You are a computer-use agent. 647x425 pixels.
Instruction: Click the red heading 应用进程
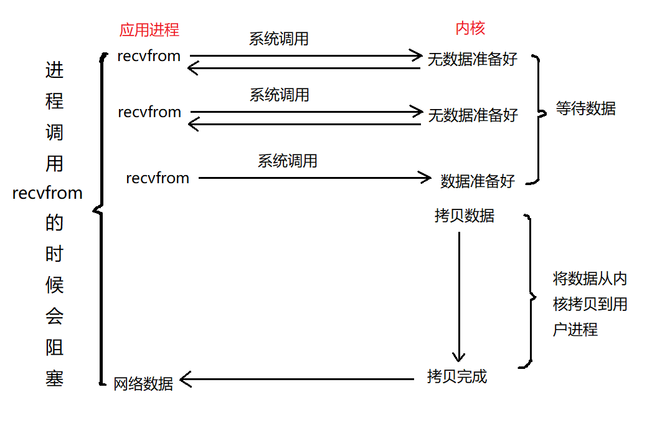[x=149, y=29]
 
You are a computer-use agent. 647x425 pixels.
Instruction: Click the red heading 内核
[x=470, y=28]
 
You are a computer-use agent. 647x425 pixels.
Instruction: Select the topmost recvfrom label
[x=149, y=56]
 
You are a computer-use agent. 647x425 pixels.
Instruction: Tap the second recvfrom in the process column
[x=149, y=112]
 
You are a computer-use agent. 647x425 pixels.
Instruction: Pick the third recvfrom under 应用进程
[x=158, y=178]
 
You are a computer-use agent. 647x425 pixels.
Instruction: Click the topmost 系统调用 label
[x=279, y=39]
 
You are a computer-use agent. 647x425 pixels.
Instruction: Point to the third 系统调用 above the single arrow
[x=288, y=161]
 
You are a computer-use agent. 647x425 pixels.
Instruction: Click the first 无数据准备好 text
[x=473, y=60]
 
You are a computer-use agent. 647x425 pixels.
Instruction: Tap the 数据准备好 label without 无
[x=478, y=181]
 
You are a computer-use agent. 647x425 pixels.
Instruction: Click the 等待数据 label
[x=586, y=108]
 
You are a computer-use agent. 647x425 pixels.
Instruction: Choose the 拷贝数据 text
[x=465, y=216]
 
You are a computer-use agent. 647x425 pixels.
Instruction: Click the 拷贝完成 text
[x=456, y=376]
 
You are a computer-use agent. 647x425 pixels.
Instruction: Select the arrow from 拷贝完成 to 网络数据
[x=299, y=378]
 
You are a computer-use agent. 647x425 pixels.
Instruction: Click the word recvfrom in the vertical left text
[x=47, y=193]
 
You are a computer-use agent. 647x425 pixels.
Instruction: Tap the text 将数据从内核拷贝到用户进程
[x=589, y=303]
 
